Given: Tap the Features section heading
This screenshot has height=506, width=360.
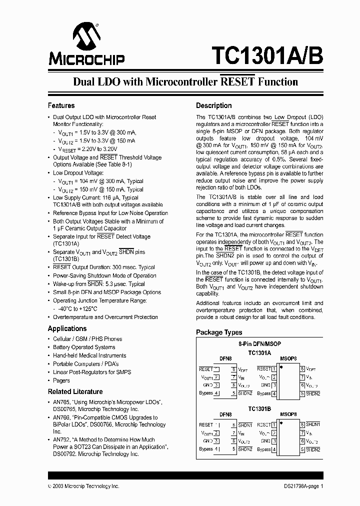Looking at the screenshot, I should [x=61, y=105].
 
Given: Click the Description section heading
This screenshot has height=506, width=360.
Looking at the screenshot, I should [x=213, y=105].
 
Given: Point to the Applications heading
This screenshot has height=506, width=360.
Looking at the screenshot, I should [x=67, y=328].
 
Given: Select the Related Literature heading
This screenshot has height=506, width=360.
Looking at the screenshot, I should [x=75, y=391].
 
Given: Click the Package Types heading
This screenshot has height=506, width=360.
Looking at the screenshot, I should [x=219, y=332].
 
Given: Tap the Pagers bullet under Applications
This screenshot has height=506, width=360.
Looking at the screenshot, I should [x=61, y=380].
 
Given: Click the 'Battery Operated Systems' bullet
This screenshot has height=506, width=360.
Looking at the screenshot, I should [x=84, y=347].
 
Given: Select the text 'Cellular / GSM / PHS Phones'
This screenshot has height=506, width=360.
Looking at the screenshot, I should [x=87, y=339].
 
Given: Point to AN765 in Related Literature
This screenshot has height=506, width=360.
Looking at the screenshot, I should [x=61, y=402].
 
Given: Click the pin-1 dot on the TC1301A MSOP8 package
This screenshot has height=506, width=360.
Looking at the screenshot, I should [x=282, y=367].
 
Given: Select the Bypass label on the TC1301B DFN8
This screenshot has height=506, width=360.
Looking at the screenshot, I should [x=206, y=449].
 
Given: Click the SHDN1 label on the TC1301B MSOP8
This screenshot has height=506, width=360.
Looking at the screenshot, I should [x=313, y=424].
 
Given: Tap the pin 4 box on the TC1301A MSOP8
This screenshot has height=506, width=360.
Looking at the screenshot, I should [x=274, y=393].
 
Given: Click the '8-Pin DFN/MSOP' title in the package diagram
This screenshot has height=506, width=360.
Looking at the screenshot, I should [x=259, y=344].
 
